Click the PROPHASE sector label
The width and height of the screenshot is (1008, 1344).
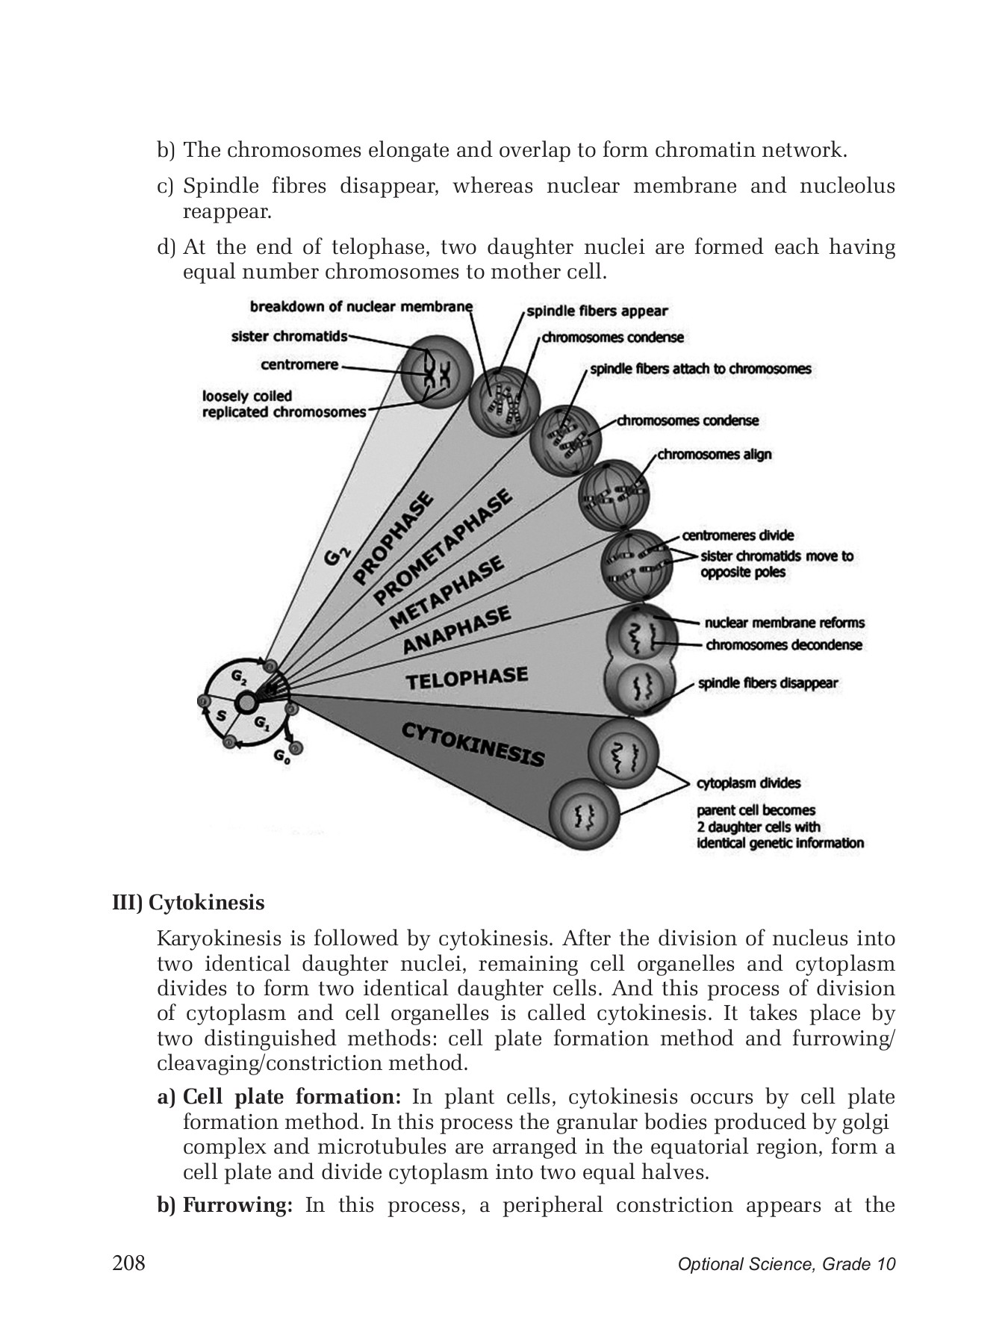pyautogui.click(x=394, y=536)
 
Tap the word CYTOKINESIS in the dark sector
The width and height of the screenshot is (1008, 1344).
pyautogui.click(x=473, y=744)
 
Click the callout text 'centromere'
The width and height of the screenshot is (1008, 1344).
pyautogui.click(x=299, y=365)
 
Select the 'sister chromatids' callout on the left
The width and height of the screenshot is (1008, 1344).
pyautogui.click(x=289, y=337)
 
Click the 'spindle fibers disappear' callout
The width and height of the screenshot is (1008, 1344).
pyautogui.click(x=768, y=682)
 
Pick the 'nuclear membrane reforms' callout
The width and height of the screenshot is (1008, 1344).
pyautogui.click(x=784, y=622)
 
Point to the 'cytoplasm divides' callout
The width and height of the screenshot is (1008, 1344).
pyautogui.click(x=748, y=783)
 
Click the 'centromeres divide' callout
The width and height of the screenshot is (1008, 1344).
pyautogui.click(x=738, y=535)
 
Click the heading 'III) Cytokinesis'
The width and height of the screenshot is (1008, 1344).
pyautogui.click(x=188, y=903)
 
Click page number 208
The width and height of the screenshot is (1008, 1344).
pyautogui.click(x=128, y=1263)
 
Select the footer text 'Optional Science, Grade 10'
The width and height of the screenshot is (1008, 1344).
pyautogui.click(x=786, y=1264)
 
